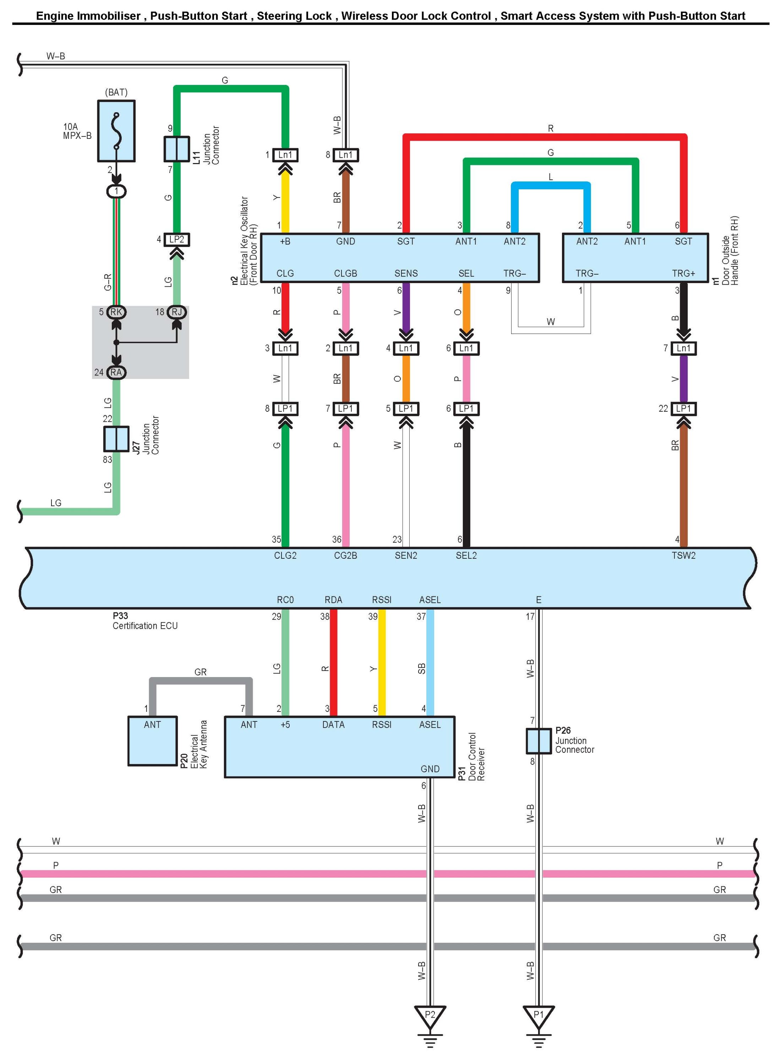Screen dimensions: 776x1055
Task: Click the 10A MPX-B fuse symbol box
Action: (x=116, y=131)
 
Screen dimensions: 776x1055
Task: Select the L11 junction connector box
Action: (x=177, y=149)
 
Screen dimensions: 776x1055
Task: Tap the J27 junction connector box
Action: (x=116, y=438)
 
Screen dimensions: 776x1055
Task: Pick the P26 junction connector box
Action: (x=538, y=741)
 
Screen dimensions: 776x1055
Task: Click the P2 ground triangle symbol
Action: (x=430, y=1017)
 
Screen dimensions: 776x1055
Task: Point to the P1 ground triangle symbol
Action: (x=538, y=1017)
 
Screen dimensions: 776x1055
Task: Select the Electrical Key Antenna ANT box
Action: (x=153, y=741)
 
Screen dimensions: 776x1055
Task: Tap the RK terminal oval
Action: (x=116, y=312)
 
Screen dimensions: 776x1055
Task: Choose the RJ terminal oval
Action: (x=177, y=312)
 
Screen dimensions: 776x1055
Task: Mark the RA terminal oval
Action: (x=116, y=373)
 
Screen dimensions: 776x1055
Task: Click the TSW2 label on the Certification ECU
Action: (x=683, y=556)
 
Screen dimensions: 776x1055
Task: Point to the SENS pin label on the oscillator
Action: (x=406, y=274)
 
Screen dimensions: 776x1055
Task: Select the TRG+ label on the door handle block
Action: (x=683, y=274)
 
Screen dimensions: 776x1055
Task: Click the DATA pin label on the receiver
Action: (x=334, y=725)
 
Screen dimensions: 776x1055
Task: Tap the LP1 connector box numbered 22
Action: (x=683, y=409)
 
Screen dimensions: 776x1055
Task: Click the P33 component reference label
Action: (x=120, y=616)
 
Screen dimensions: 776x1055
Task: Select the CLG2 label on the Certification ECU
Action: (x=285, y=556)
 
